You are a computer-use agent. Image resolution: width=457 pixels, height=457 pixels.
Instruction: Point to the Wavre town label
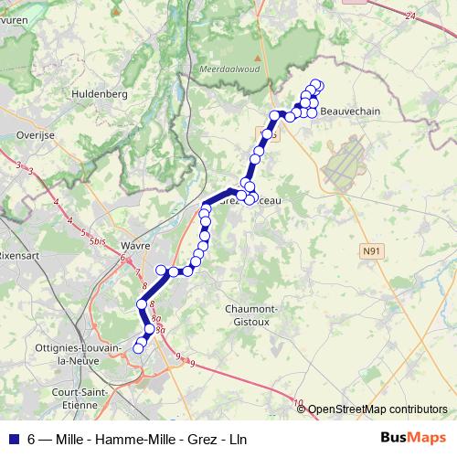pyautogui.click(x=134, y=246)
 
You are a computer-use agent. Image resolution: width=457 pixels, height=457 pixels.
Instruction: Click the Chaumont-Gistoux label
pyautogui.click(x=252, y=315)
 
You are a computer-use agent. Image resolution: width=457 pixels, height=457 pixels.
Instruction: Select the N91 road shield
pyautogui.click(x=371, y=250)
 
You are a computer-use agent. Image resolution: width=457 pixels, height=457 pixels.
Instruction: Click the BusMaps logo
pyautogui.click(x=413, y=438)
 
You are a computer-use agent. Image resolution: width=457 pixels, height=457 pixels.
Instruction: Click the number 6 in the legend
pyautogui.click(x=32, y=439)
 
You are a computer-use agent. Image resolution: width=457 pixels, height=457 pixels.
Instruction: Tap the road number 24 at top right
pyautogui.click(x=409, y=16)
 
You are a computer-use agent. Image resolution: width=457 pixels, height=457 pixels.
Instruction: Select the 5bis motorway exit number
pyautogui.click(x=98, y=241)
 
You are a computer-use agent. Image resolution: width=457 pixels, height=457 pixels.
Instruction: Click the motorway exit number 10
pyautogui.click(x=299, y=402)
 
